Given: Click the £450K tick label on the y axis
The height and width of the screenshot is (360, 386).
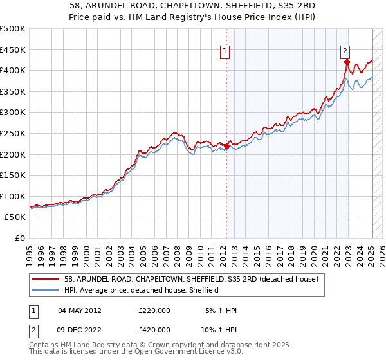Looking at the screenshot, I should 13,50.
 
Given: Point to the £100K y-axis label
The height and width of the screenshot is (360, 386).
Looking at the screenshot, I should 13,196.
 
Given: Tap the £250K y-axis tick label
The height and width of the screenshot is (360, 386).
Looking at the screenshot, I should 13,133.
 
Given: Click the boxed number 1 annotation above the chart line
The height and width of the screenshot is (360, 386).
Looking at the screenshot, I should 226,53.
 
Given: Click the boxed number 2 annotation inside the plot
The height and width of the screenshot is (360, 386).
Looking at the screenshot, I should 345,53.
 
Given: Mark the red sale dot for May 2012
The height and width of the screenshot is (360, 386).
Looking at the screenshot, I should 226,146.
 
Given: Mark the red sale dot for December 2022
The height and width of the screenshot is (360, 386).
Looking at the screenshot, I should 347,62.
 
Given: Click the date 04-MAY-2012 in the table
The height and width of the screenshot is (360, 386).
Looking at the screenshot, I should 80,310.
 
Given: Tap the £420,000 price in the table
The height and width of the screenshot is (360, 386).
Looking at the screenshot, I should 154,330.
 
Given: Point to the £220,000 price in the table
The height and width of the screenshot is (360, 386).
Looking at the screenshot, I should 154,310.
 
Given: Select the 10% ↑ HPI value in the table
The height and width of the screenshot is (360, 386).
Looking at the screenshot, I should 220,330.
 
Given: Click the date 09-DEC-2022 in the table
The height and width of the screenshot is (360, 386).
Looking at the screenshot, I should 80,330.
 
